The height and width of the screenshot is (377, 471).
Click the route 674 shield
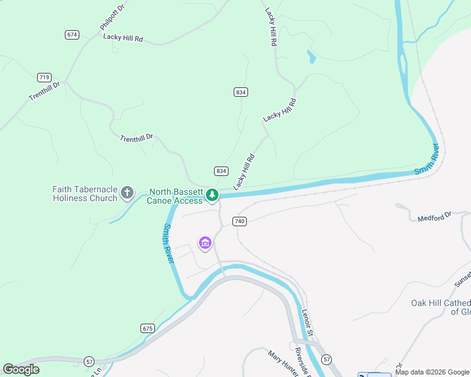[72, 35]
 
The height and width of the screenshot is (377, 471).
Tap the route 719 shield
[44, 77]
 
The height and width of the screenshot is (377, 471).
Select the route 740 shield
[239, 221]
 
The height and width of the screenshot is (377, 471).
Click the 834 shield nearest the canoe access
[220, 171]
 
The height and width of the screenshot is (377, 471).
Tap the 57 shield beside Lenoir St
[326, 359]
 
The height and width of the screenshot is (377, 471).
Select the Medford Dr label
[435, 217]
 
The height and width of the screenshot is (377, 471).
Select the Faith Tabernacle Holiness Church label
[84, 194]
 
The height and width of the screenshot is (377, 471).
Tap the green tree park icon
[212, 195]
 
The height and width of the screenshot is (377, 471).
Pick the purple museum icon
[205, 243]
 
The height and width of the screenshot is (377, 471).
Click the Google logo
[21, 369]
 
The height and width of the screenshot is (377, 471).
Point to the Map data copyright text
[433, 373]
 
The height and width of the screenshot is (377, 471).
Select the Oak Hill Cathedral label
[441, 307]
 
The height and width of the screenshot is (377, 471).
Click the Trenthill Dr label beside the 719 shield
[43, 92]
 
